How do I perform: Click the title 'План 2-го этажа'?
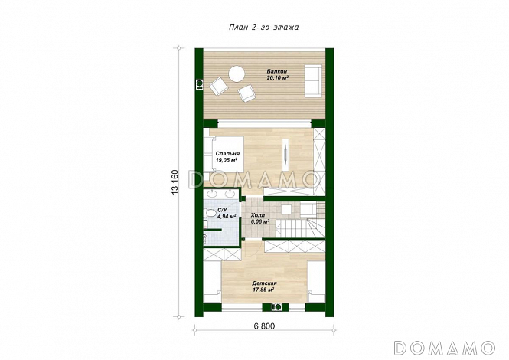[263, 28]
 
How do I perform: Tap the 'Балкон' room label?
[277, 71]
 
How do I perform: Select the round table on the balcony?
[237, 74]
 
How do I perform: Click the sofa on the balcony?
[313, 81]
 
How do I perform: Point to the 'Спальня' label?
[227, 154]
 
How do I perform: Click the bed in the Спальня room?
[224, 154]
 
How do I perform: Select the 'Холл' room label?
[258, 215]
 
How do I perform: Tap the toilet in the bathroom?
[210, 214]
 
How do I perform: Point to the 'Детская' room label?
[264, 283]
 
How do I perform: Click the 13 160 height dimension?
[175, 182]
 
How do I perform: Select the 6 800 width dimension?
[264, 326]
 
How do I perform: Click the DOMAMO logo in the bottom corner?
[444, 348]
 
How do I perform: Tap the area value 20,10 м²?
[278, 78]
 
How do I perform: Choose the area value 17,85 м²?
[263, 290]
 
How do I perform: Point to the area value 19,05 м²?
[226, 160]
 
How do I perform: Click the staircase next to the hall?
[300, 220]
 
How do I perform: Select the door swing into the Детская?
[252, 248]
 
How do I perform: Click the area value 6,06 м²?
[260, 222]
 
